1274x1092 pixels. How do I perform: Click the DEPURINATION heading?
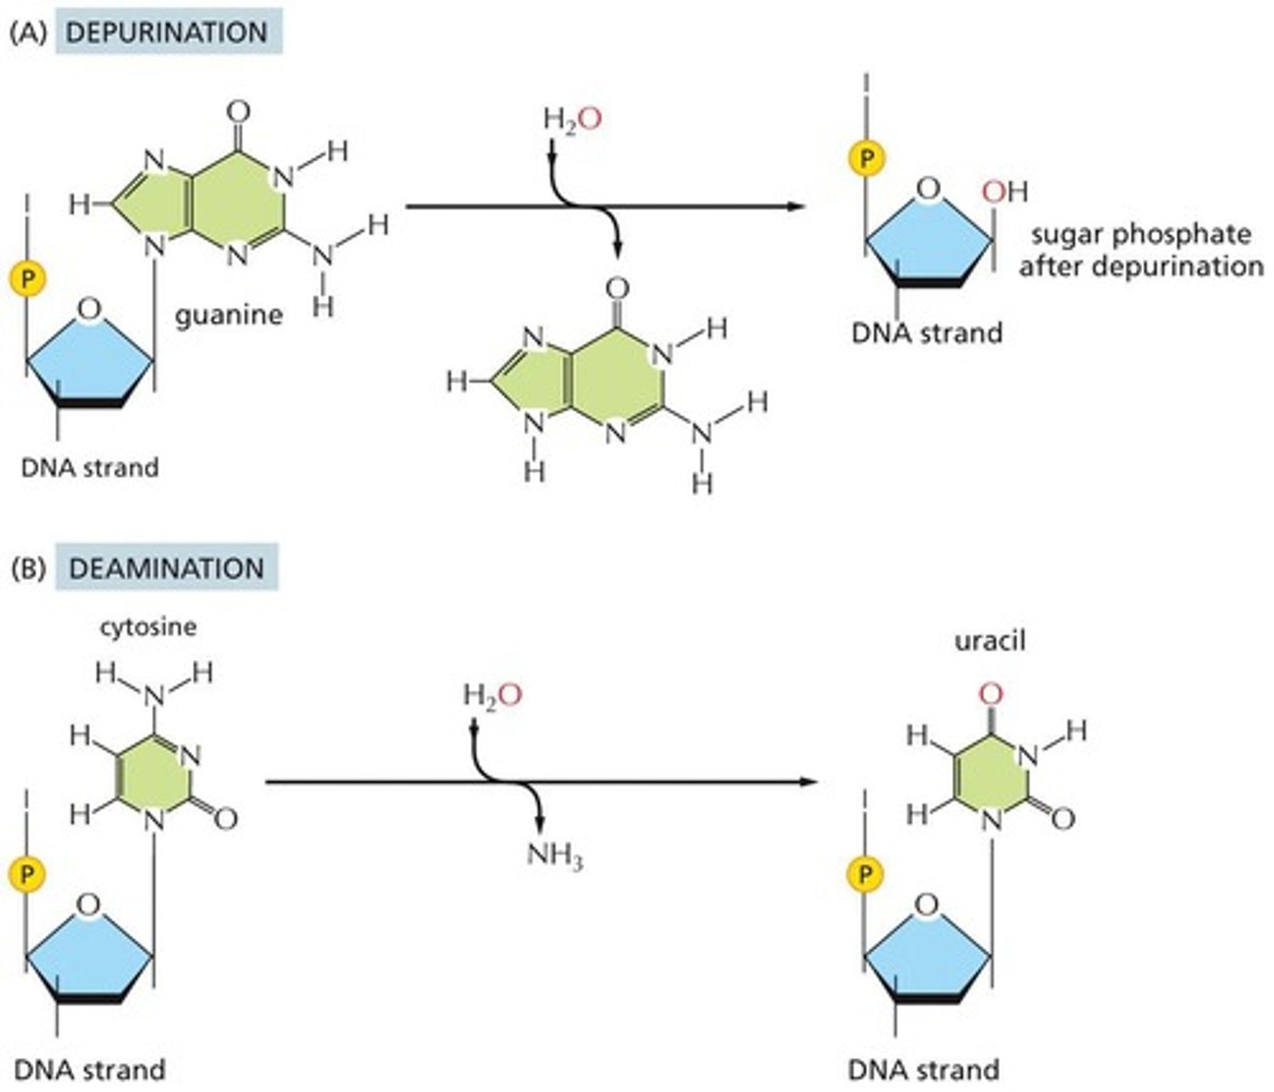167,33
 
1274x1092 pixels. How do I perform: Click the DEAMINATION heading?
166,569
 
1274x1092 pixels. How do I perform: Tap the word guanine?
228,316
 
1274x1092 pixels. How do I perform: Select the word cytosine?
148,627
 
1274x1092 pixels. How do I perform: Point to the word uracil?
989,641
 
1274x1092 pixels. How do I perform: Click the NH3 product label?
555,855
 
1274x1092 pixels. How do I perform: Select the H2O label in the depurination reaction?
572,119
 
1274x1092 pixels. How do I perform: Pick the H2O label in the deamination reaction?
492,696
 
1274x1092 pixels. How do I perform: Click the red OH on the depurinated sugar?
1004,192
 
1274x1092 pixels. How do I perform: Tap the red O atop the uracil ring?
991,695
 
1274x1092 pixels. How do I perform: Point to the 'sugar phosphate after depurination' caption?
1140,250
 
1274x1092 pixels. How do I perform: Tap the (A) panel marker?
25,33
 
